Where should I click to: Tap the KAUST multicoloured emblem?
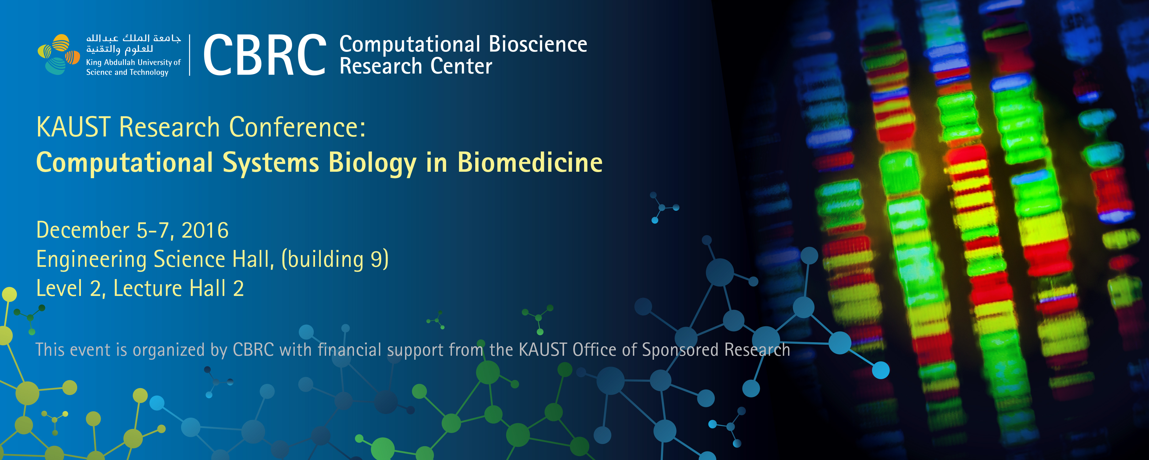59,54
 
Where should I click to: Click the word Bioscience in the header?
538,44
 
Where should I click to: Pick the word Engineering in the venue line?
91,260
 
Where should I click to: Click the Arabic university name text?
133,43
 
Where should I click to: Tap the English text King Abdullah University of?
133,63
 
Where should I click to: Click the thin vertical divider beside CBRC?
190,55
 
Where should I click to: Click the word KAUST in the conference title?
74,127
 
